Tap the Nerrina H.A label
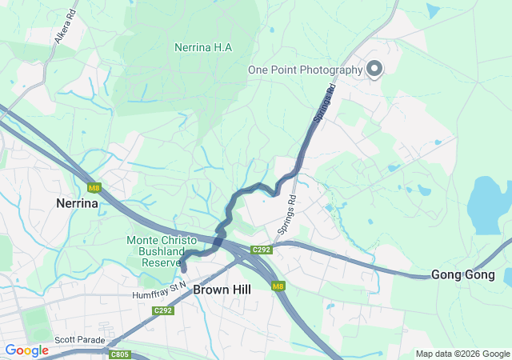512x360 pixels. pyautogui.click(x=203, y=47)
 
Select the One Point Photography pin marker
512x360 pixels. pyautogui.click(x=374, y=69)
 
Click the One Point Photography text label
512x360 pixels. pyautogui.click(x=305, y=70)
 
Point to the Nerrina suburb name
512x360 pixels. pyautogui.click(x=77, y=203)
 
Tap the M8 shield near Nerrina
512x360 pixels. pyautogui.click(x=94, y=189)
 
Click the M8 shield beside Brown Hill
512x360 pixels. pyautogui.click(x=278, y=286)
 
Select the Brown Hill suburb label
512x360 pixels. pyautogui.click(x=222, y=289)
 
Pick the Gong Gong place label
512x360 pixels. pyautogui.click(x=462, y=274)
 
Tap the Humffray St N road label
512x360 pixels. pyautogui.click(x=159, y=290)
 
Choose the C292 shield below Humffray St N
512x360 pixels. pyautogui.click(x=163, y=310)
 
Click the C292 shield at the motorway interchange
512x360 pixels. pyautogui.click(x=262, y=250)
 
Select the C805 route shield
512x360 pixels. pyautogui.click(x=119, y=354)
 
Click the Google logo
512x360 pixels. pyautogui.click(x=26, y=350)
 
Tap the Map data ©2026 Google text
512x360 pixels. pyautogui.click(x=462, y=354)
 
